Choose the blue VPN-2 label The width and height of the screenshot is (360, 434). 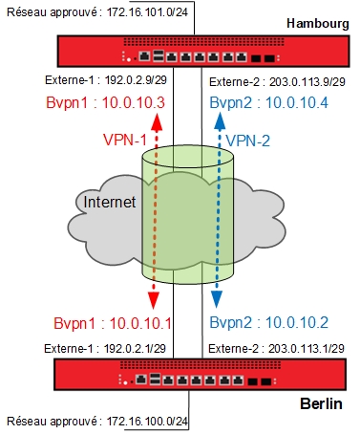pos(252,141)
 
